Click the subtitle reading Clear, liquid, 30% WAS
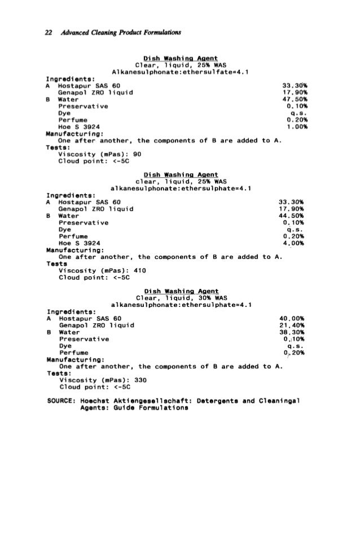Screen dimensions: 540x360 click(x=181, y=298)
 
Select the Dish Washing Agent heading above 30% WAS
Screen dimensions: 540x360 click(x=181, y=291)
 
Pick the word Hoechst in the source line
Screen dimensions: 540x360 click(x=96, y=399)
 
